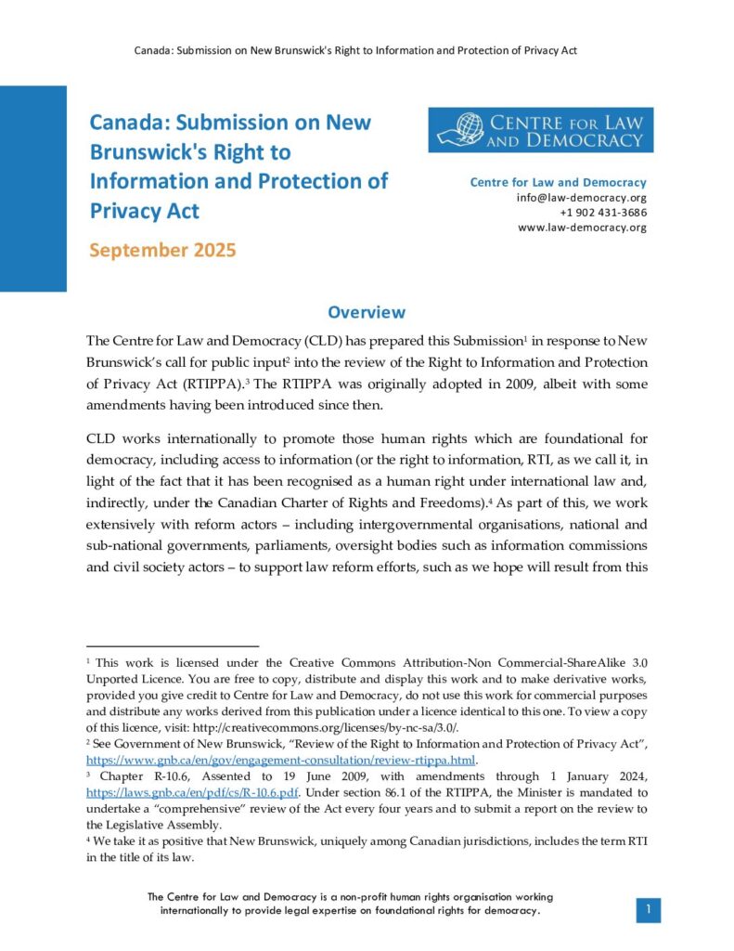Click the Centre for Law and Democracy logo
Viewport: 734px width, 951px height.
[540, 130]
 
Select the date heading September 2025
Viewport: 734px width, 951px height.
[162, 250]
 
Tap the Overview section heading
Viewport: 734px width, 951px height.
[367, 313]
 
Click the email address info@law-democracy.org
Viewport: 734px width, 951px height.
[582, 198]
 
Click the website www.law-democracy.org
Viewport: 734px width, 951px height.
[582, 228]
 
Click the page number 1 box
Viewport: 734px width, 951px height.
[648, 910]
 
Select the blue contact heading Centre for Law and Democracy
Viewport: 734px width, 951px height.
[558, 183]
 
